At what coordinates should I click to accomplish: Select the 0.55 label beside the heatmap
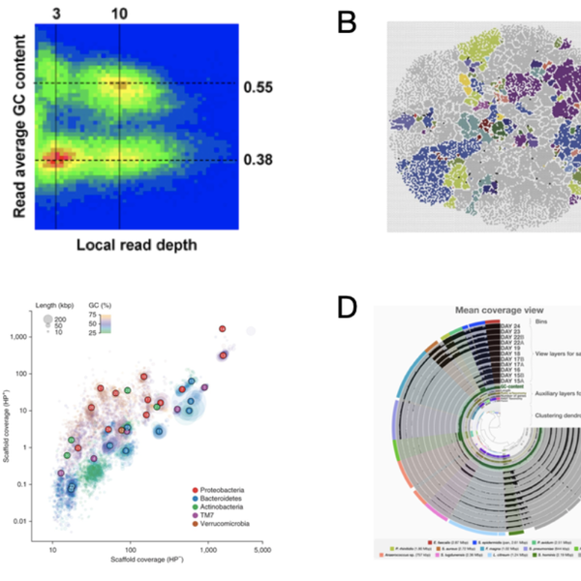(x=260, y=85)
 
